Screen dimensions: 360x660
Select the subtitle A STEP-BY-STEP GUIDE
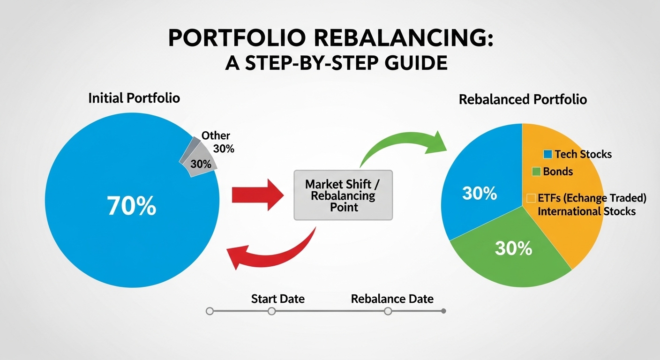336,62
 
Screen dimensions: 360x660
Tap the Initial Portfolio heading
134,98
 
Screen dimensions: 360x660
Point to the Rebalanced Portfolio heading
523,100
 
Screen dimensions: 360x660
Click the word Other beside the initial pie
216,136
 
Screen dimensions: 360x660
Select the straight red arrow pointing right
255,194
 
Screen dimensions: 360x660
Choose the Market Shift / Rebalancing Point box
343,195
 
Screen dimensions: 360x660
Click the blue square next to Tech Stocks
548,154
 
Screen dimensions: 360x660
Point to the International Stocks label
586,211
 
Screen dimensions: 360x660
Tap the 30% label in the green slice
513,248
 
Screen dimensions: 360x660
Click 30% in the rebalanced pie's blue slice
479,194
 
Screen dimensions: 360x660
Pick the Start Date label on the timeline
277,299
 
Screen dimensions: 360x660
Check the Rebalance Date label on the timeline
392,299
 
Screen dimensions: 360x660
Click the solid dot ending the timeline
444,311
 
